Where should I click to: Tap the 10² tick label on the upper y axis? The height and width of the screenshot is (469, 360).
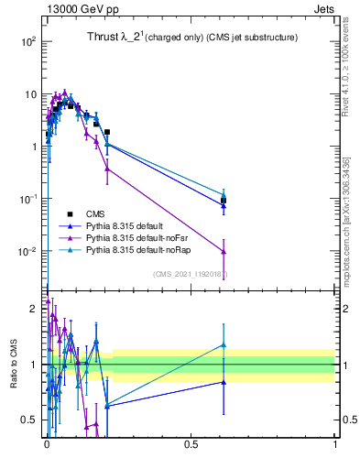tap(28, 41)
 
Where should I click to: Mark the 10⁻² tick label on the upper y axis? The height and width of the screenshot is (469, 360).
tap(28, 251)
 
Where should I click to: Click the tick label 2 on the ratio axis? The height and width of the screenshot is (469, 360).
tap(34, 308)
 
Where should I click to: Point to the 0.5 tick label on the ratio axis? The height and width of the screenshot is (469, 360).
tap(30, 420)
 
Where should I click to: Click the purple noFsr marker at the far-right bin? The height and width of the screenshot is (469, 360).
tap(224, 252)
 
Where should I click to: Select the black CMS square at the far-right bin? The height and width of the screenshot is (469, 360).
tap(224, 200)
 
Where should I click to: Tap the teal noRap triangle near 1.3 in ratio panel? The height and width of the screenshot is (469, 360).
tap(224, 345)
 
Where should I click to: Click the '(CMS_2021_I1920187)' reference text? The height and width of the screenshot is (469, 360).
tap(191, 273)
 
